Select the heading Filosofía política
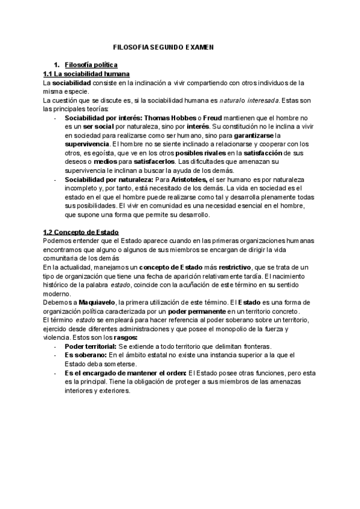91,65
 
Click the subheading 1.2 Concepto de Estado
81,232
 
